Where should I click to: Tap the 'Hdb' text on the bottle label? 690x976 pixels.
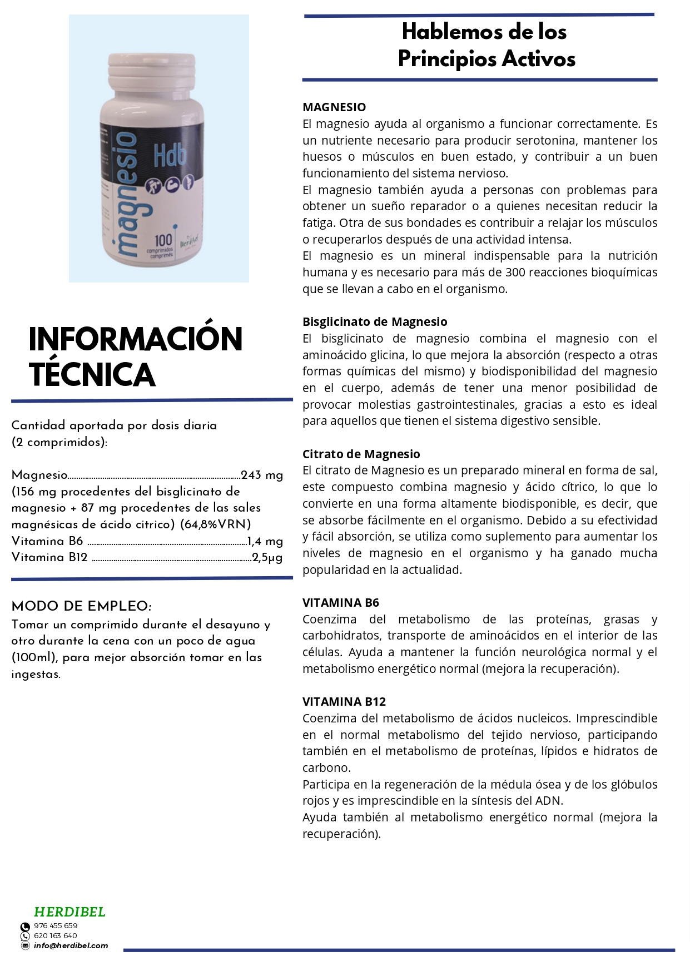click(x=170, y=155)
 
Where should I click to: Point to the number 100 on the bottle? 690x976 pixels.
click(x=163, y=240)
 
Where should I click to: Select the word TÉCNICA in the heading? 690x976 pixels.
click(x=92, y=374)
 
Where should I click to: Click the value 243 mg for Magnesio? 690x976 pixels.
click(x=262, y=475)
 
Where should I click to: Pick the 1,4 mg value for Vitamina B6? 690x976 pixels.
click(x=265, y=541)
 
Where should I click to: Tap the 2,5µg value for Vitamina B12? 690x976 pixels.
click(x=267, y=557)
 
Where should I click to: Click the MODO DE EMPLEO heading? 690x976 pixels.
click(x=81, y=606)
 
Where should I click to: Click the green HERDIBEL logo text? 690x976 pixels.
click(x=70, y=912)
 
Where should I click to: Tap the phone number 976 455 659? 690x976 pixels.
click(x=56, y=926)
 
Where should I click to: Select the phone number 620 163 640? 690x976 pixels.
click(x=56, y=936)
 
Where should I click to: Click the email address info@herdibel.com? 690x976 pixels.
click(x=71, y=946)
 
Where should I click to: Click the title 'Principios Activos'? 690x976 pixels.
click(x=487, y=59)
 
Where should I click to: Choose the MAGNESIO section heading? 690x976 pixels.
click(x=334, y=107)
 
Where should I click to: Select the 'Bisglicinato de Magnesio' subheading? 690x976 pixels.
click(x=375, y=322)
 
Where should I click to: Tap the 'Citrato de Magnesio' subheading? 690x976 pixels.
click(x=361, y=454)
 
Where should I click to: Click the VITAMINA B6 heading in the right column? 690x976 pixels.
click(x=341, y=603)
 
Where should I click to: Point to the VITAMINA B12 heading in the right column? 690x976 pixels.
click(x=344, y=702)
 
